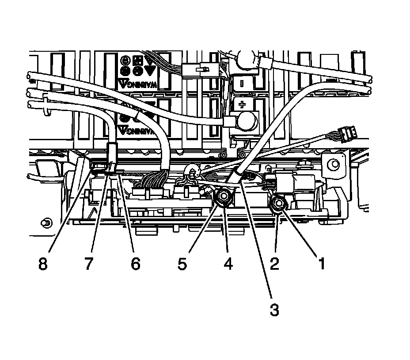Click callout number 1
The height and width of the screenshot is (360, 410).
click(x=321, y=264)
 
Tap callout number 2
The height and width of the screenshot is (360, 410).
click(x=275, y=264)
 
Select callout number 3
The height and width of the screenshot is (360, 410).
click(x=274, y=310)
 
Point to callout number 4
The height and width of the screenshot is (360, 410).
click(x=228, y=264)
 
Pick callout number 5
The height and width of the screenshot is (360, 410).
click(x=182, y=264)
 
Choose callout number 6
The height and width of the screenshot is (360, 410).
click(x=135, y=264)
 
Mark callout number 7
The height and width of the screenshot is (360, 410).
click(x=88, y=264)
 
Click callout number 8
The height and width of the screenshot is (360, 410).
click(x=42, y=264)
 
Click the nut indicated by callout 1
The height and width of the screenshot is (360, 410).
click(x=278, y=203)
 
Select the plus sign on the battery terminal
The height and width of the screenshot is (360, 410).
click(x=242, y=105)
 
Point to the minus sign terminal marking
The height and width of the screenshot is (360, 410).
click(x=242, y=82)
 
